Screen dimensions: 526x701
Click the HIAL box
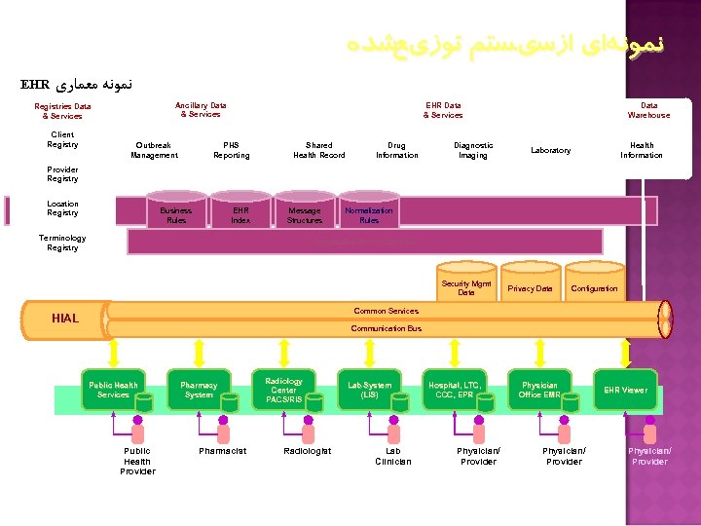click(x=65, y=318)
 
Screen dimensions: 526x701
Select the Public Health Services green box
click(x=114, y=390)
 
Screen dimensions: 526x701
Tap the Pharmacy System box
click(x=199, y=390)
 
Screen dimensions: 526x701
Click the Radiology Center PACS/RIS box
click(x=283, y=390)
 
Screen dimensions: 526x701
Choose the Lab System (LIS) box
click(x=369, y=390)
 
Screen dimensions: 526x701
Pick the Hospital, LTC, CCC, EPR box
click(x=454, y=390)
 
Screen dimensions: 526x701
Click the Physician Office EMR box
click(x=539, y=390)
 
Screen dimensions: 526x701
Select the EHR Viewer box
click(x=625, y=390)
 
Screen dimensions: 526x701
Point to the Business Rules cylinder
click(x=176, y=215)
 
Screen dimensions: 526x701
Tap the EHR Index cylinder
click(x=240, y=215)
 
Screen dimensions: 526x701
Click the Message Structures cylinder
click(x=305, y=215)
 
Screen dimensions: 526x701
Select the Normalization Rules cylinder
click(x=369, y=215)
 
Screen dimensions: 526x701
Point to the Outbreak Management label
click(x=154, y=150)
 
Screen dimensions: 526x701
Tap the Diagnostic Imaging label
click(x=473, y=150)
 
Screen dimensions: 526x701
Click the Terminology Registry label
click(x=62, y=243)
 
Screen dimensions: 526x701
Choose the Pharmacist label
click(x=222, y=451)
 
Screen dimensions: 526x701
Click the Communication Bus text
click(x=387, y=328)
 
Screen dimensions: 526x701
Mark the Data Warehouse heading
click(x=648, y=110)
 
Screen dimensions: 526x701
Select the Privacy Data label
click(x=530, y=288)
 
